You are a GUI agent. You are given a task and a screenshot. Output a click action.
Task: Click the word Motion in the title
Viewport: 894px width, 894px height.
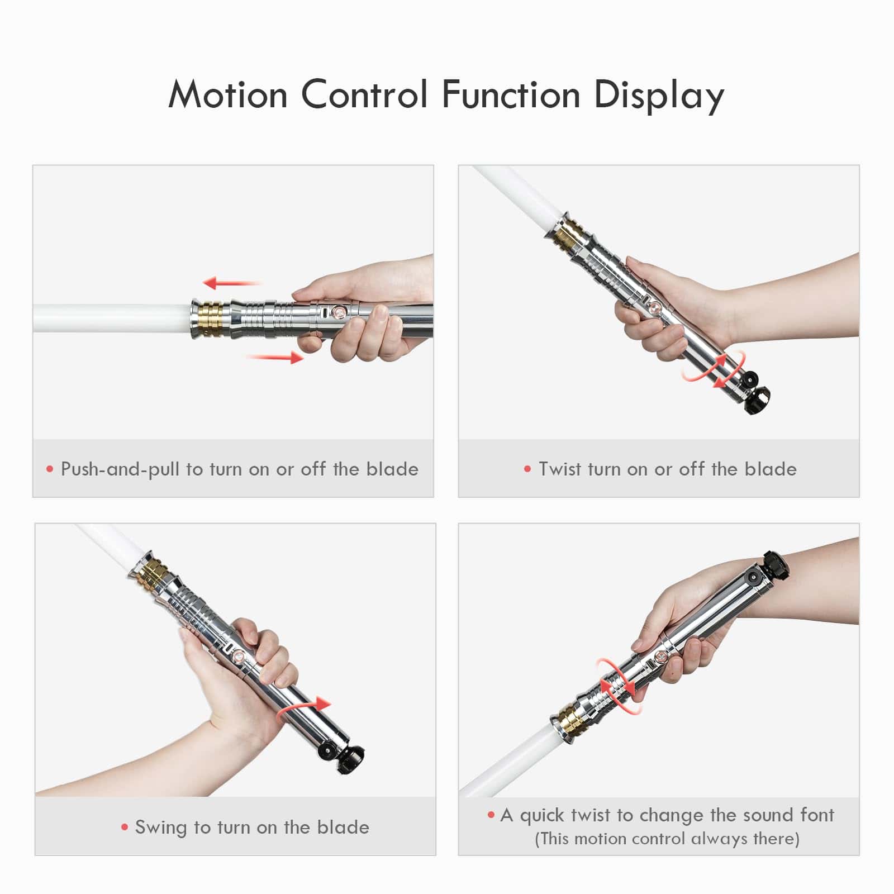point(228,94)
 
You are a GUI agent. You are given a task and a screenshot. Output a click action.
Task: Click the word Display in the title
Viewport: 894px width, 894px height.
point(659,96)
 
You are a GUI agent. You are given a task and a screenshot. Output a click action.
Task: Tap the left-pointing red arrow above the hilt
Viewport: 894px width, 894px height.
point(231,283)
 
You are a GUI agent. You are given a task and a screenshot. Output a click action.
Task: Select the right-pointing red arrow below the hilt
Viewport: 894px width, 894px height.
point(275,357)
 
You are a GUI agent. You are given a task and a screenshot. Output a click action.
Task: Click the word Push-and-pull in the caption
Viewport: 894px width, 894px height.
point(120,469)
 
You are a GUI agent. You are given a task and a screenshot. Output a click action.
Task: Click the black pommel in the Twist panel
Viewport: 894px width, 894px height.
point(757,398)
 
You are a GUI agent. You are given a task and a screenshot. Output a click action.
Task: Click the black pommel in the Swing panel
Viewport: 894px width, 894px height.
point(351,760)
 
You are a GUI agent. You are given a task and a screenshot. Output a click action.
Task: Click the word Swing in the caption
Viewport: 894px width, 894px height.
point(161,828)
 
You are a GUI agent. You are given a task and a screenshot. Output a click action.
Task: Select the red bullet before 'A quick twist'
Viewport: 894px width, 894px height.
point(491,815)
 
